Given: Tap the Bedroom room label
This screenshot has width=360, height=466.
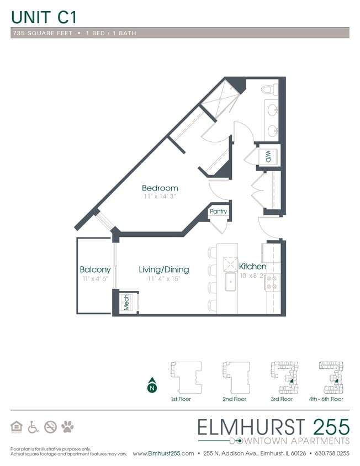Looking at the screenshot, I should (x=160, y=188).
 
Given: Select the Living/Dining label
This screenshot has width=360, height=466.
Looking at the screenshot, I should (x=163, y=269).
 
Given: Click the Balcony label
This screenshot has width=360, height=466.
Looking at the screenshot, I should (x=95, y=269).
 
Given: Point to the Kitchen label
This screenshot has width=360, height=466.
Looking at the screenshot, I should (x=252, y=267).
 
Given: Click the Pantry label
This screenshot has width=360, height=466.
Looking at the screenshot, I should (x=218, y=211).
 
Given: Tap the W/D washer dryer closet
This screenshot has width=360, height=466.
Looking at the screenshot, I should (x=268, y=155).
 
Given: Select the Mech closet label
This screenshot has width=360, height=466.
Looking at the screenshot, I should (x=126, y=303).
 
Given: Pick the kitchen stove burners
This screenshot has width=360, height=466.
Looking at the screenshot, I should (x=272, y=283).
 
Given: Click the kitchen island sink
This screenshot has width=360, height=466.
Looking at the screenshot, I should (x=230, y=282).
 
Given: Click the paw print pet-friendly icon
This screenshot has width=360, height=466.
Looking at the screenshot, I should (x=68, y=426).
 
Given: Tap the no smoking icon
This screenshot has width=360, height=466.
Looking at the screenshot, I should (x=50, y=426).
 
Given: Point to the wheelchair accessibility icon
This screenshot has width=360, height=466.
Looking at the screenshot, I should (x=33, y=426).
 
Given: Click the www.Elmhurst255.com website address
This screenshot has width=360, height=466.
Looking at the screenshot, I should (x=163, y=453).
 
